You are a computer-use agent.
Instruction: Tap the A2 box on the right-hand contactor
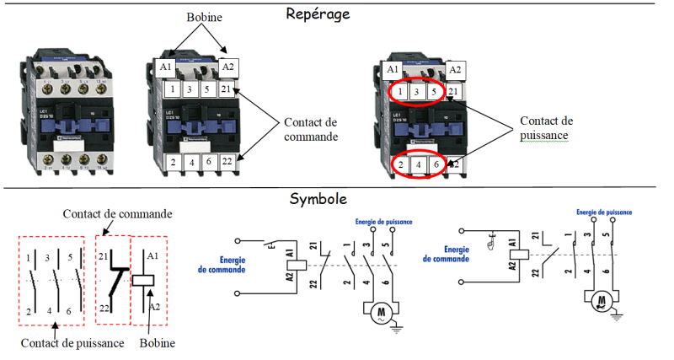coord(455,70)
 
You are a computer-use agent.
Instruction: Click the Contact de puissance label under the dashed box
coord(73,343)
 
